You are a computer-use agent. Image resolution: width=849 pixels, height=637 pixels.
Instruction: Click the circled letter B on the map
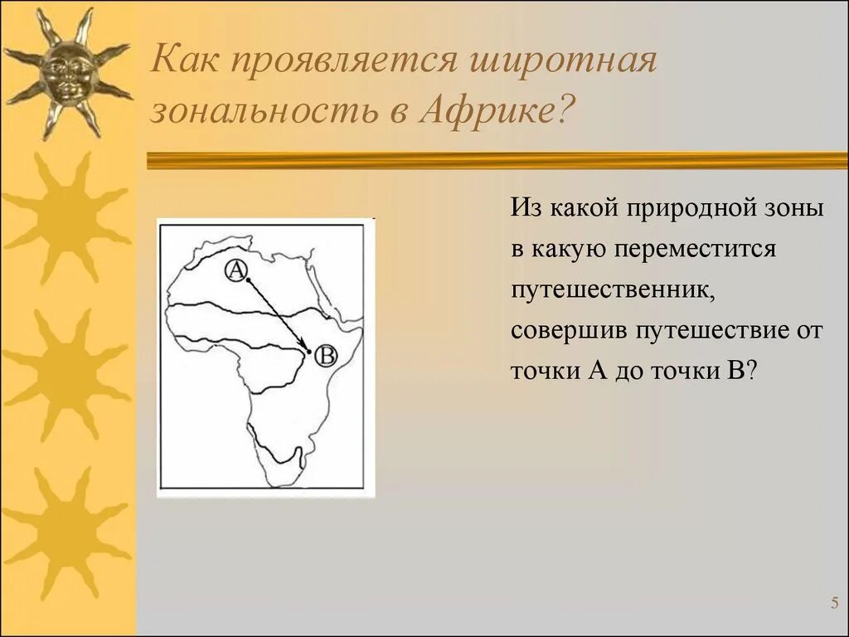pyautogui.click(x=326, y=356)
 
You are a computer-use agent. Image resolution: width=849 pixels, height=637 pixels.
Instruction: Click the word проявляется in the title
pyautogui.click(x=344, y=61)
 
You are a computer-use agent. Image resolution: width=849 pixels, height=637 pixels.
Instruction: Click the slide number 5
pyautogui.click(x=834, y=603)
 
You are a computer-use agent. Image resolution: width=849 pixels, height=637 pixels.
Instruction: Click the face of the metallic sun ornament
pyautogui.click(x=67, y=73)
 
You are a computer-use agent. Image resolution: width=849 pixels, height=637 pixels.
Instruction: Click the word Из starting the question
pyautogui.click(x=525, y=207)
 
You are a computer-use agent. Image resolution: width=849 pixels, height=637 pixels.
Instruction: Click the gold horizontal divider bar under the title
pyautogui.click(x=497, y=160)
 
